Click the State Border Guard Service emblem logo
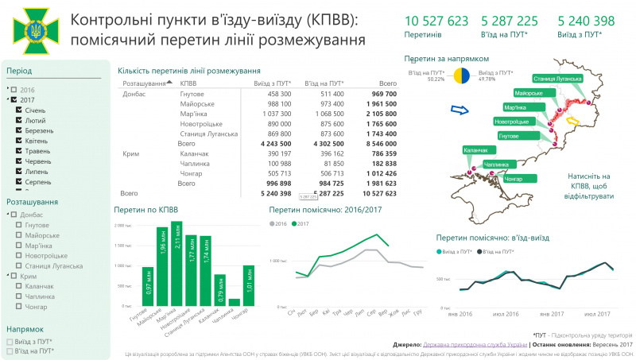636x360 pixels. (33, 30)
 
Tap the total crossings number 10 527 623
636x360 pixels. (436, 21)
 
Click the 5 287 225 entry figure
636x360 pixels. (510, 21)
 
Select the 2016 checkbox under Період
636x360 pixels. (14, 90)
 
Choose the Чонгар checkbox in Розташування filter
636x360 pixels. (19, 306)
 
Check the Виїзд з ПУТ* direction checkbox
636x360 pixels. (10, 340)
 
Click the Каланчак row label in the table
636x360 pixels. (195, 153)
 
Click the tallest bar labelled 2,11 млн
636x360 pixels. (177, 263)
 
